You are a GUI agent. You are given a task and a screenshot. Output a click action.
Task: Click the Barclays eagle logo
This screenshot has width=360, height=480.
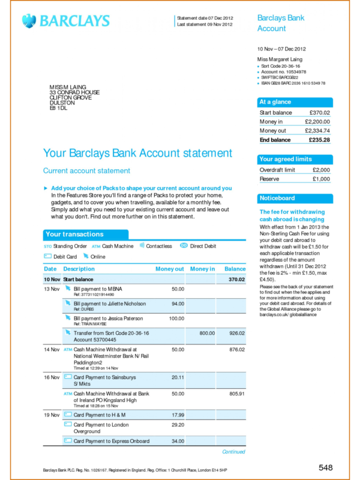tap(29, 21)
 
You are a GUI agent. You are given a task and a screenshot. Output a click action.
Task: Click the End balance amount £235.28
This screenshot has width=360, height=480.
tap(319, 140)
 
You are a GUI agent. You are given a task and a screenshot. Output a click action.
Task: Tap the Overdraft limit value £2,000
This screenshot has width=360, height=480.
tap(321, 170)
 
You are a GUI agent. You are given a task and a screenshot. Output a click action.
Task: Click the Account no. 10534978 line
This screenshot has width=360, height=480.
tap(284, 71)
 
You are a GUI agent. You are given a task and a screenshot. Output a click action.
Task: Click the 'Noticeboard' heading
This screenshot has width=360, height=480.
tap(277, 198)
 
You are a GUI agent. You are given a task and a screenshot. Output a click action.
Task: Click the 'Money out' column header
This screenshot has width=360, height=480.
tap(169, 269)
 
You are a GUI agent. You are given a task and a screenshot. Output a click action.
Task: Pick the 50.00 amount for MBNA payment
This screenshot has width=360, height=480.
tap(178, 289)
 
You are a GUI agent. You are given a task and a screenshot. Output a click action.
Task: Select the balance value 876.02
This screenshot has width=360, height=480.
tap(236, 349)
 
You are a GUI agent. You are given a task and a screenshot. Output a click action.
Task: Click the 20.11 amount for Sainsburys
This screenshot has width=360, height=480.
tap(178, 377)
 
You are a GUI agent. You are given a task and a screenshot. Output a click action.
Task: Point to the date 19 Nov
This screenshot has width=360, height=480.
tap(51, 415)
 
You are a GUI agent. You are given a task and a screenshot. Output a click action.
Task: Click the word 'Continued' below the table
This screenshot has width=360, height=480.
tap(233, 452)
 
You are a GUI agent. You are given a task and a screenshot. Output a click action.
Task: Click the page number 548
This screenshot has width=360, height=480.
tap(325, 467)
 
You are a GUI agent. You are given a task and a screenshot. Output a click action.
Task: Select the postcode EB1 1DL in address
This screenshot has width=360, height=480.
tap(58, 108)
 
